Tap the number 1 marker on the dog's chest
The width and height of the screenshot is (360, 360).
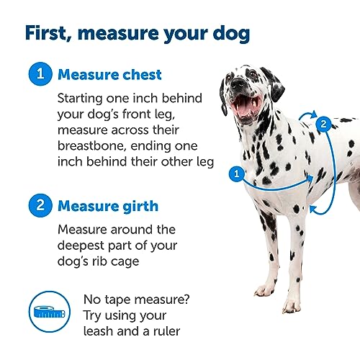point(235,172)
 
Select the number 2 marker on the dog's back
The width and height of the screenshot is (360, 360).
point(325,123)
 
